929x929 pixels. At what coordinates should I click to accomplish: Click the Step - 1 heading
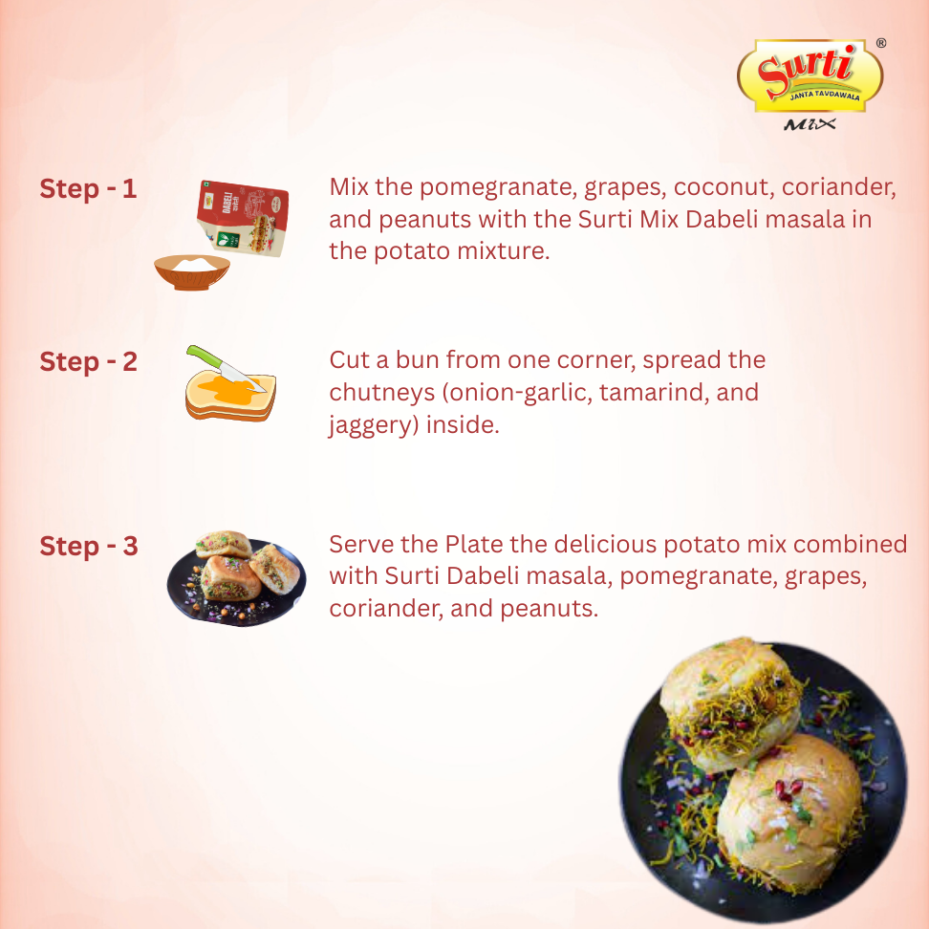pos(88,189)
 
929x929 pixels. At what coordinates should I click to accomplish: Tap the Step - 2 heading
pos(88,362)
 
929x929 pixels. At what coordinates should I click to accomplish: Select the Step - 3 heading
pos(88,547)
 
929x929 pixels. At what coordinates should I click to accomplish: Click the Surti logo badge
pos(810,76)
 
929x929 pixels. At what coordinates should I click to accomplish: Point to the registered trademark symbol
pos(881,43)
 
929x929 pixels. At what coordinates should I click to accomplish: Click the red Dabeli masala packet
pos(244,218)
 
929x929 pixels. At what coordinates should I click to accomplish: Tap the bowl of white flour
pos(192,272)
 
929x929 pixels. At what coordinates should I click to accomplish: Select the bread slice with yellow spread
pos(231,397)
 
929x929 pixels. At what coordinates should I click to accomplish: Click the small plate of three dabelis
pos(236,578)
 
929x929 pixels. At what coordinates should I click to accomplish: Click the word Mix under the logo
pos(810,124)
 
